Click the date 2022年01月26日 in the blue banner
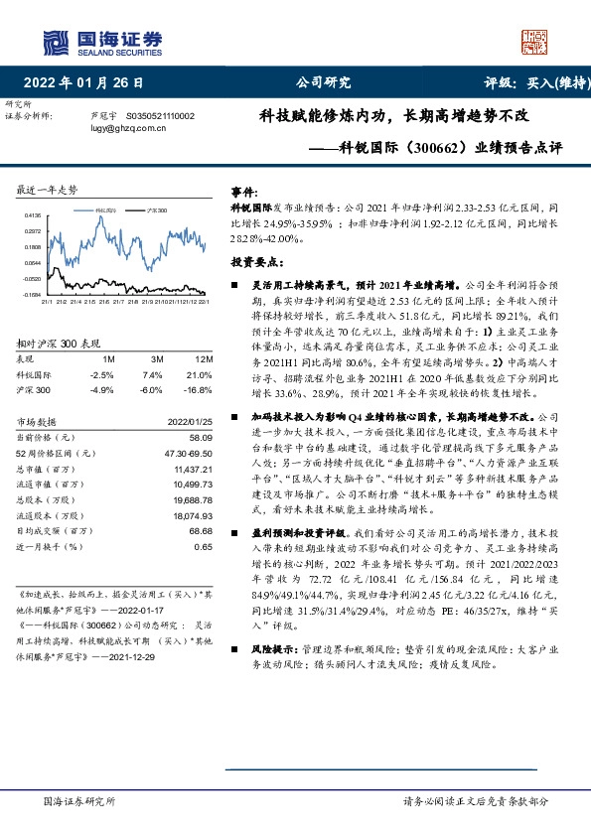click(89, 82)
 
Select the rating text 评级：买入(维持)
click(532, 82)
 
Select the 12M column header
click(206, 357)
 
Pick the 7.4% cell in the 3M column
click(152, 375)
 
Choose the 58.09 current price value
click(201, 438)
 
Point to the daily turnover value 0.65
click(204, 546)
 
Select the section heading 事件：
click(244, 190)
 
